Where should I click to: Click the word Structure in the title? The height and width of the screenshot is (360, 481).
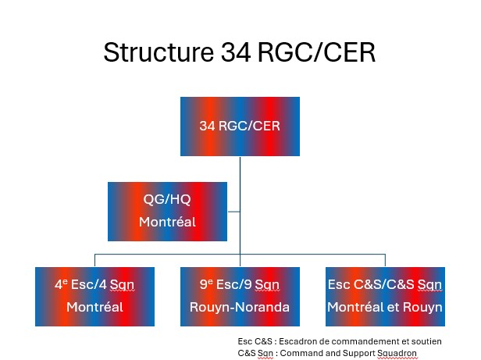pyautogui.click(x=159, y=52)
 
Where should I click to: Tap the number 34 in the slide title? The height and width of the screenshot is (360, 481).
pyautogui.click(x=236, y=52)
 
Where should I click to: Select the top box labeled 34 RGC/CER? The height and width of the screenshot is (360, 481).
pyautogui.click(x=240, y=127)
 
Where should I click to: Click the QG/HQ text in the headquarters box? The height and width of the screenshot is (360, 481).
pyautogui.click(x=167, y=199)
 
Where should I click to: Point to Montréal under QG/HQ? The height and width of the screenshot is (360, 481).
pyautogui.click(x=167, y=222)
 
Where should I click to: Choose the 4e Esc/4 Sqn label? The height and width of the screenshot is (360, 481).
pyautogui.click(x=94, y=285)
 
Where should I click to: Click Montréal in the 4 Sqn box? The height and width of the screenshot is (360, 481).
pyautogui.click(x=94, y=307)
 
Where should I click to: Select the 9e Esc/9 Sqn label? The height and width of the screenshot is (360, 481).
pyautogui.click(x=240, y=285)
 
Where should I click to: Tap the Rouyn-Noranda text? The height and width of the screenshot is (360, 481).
pyautogui.click(x=240, y=307)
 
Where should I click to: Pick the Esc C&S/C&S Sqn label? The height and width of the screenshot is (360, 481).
pyautogui.click(x=385, y=285)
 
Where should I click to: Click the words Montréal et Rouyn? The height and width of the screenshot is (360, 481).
pyautogui.click(x=385, y=307)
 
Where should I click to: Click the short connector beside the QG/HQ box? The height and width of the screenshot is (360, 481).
pyautogui.click(x=233, y=212)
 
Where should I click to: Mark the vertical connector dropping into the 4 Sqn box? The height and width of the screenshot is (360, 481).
pyautogui.click(x=94, y=260)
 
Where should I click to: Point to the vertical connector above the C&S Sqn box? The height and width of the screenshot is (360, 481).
pyautogui.click(x=385, y=260)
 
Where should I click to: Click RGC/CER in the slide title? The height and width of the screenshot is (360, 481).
pyautogui.click(x=316, y=52)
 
